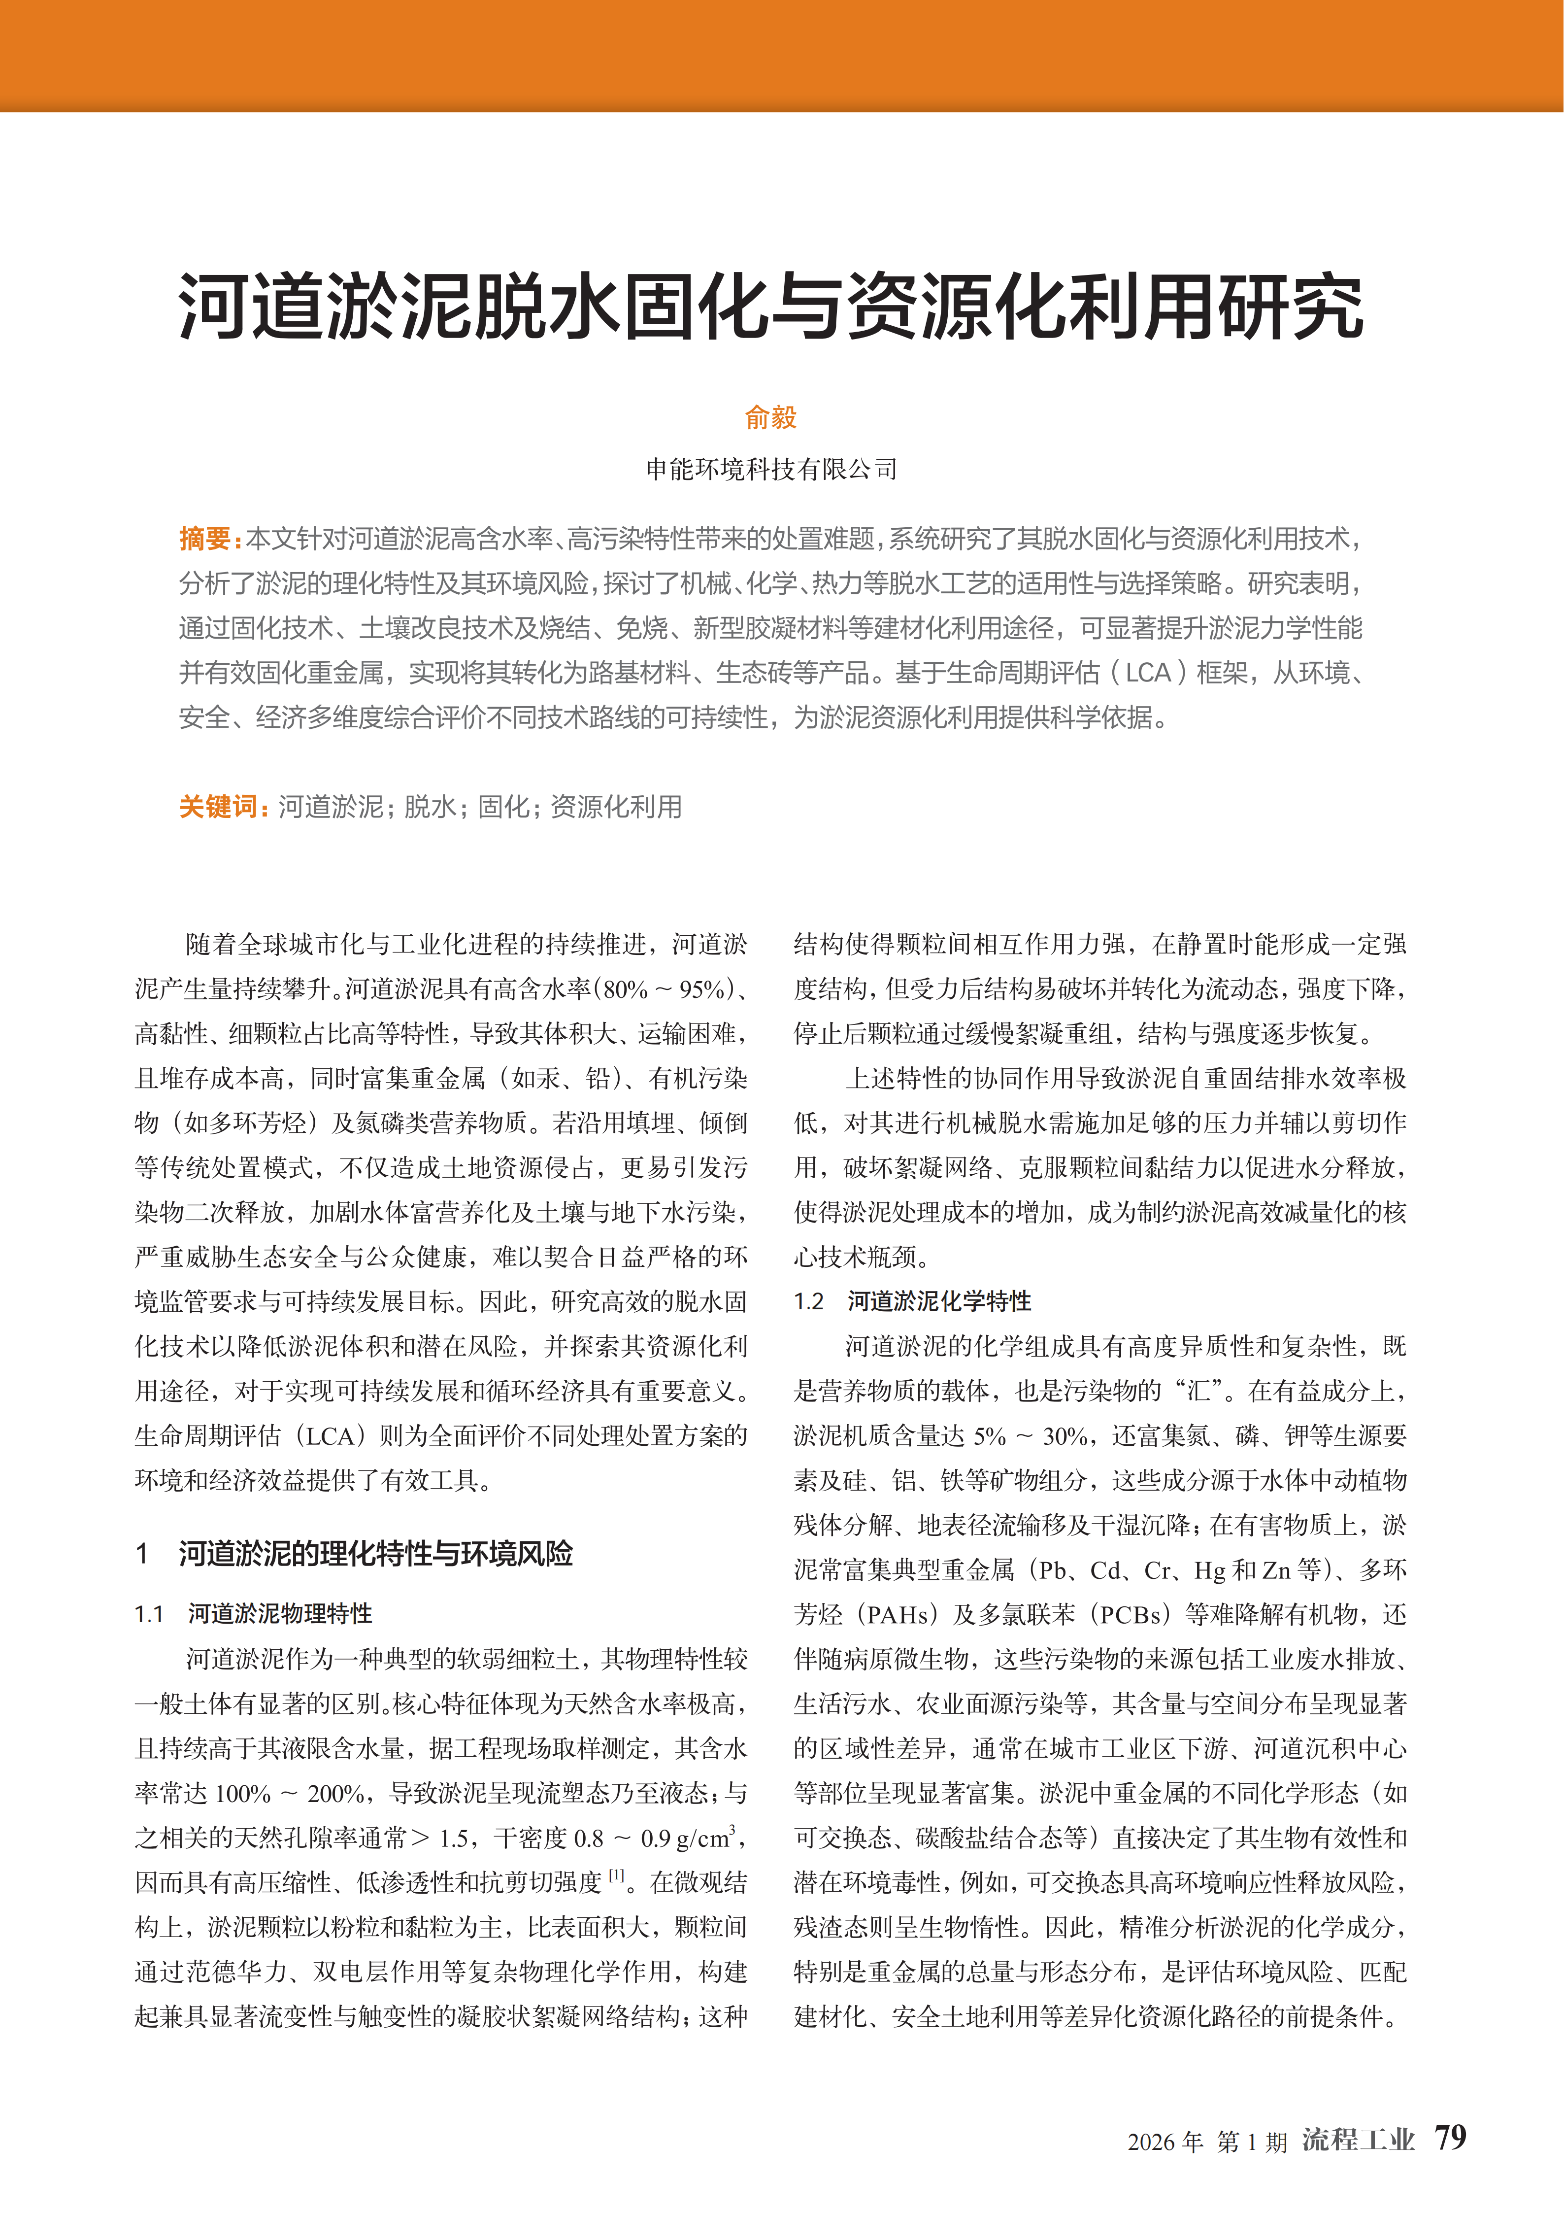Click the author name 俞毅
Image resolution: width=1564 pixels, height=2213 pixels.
[x=771, y=417]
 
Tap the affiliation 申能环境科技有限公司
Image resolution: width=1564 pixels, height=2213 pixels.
[x=771, y=470]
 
